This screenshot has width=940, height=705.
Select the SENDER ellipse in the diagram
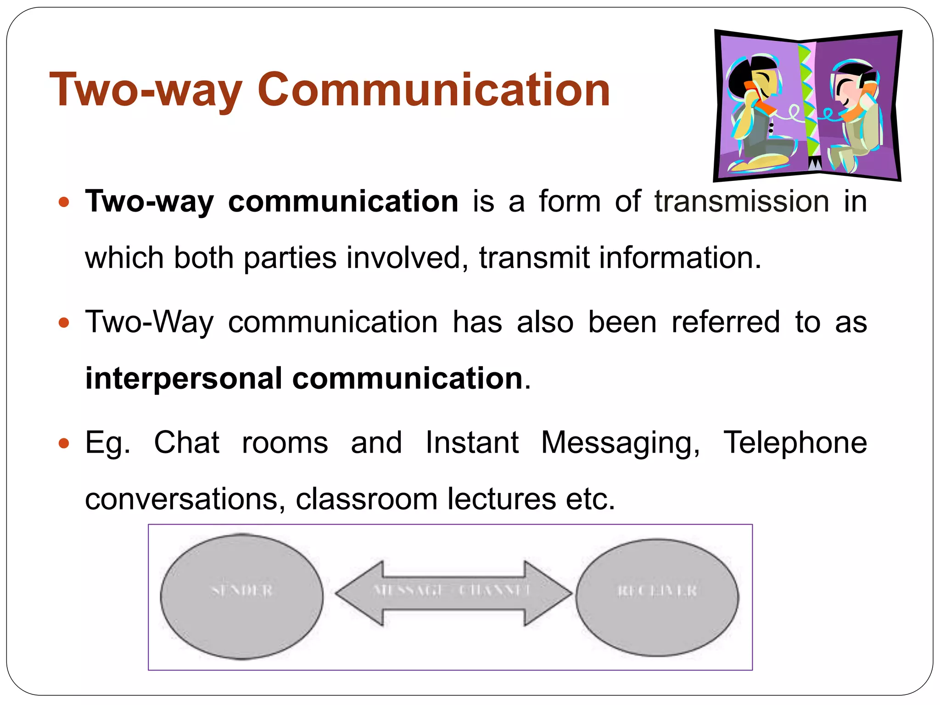point(242,596)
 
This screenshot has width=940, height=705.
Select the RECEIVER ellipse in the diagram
point(657,597)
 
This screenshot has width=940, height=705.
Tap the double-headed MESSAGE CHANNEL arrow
point(453,593)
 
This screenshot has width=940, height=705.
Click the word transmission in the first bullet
point(742,201)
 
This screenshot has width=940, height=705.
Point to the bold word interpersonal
point(184,379)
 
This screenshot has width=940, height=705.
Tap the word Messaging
point(621,443)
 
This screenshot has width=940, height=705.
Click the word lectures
point(501,499)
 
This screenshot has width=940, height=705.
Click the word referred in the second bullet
point(726,322)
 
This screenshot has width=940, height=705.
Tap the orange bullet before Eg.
point(64,443)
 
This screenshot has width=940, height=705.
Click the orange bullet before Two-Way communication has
point(64,323)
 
